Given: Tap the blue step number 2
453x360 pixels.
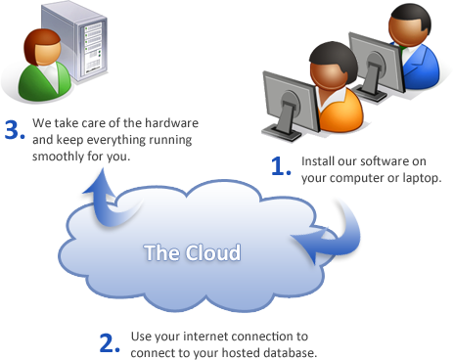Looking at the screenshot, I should [111, 342].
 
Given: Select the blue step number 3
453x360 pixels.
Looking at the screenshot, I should [14, 131].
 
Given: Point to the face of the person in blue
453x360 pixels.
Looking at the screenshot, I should [403, 30].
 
